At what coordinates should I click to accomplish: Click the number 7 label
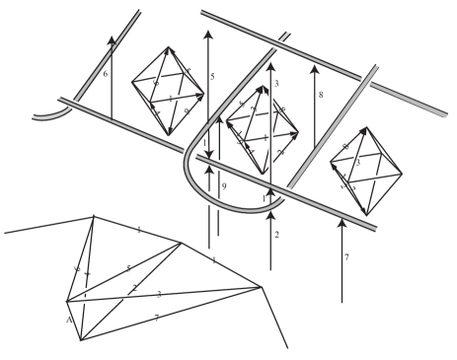[x=346, y=258]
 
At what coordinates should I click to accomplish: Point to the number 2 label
[x=277, y=235]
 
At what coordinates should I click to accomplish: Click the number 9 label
[x=224, y=186]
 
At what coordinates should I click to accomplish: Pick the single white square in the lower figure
[x=125, y=296]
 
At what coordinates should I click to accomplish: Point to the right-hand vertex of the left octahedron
[x=204, y=97]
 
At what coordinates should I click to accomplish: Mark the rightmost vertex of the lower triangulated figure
[x=261, y=287]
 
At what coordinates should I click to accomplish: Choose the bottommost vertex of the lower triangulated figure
[x=81, y=338]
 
